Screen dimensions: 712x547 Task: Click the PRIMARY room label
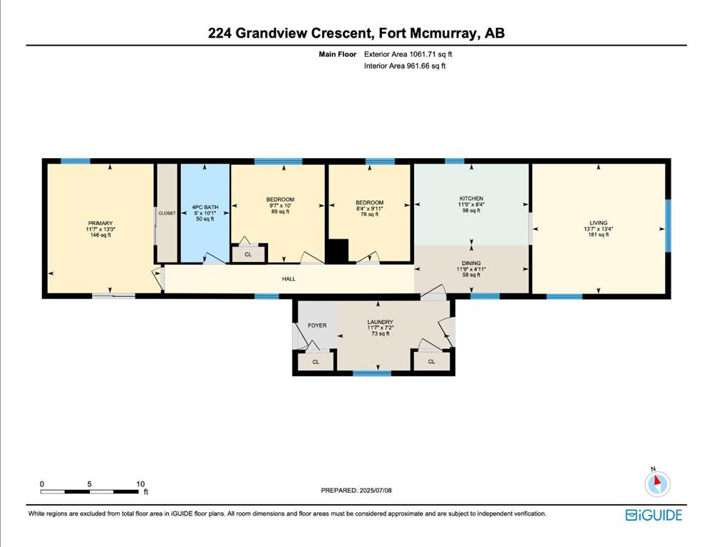(x=100, y=224)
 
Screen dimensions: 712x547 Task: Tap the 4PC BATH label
(x=205, y=207)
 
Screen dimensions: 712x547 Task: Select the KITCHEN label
(x=471, y=199)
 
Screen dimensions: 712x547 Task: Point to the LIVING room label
(x=599, y=223)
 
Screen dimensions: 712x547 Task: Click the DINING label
(x=471, y=264)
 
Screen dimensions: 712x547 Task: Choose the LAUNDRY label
(x=380, y=322)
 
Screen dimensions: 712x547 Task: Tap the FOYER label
(x=317, y=325)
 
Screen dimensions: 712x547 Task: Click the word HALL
(x=289, y=279)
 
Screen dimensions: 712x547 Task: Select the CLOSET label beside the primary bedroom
(x=167, y=213)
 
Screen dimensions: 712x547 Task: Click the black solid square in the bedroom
(x=338, y=251)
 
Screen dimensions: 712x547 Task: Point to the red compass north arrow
(x=657, y=481)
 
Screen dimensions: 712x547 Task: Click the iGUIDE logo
(x=654, y=515)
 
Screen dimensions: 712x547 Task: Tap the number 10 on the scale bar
(x=141, y=484)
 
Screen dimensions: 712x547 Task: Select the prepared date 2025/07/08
(x=376, y=490)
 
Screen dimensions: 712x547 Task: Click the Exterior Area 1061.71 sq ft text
(x=408, y=54)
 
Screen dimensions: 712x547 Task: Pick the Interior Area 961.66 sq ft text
(x=405, y=66)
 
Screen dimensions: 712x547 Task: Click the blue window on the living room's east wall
(x=668, y=226)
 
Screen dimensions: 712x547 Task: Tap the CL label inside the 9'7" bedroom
(x=248, y=255)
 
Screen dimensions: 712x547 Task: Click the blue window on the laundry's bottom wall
(x=372, y=374)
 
